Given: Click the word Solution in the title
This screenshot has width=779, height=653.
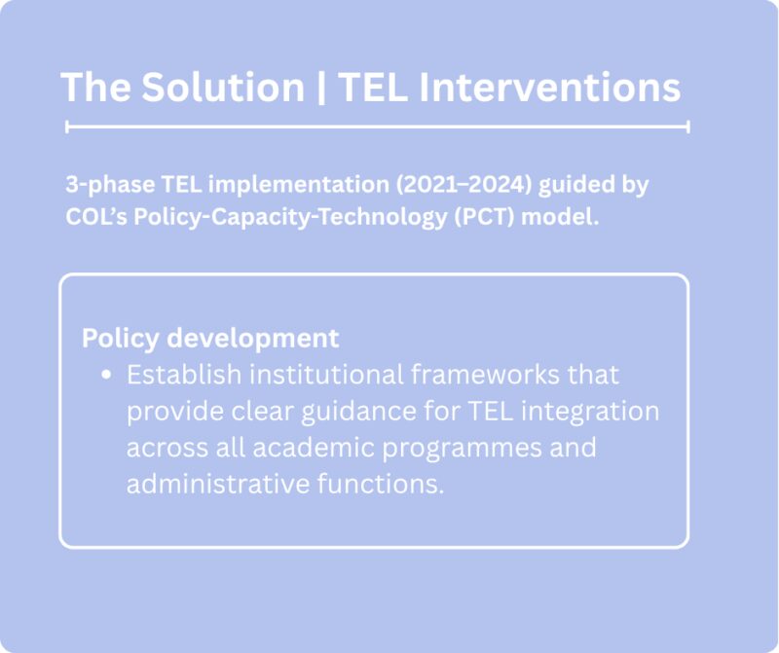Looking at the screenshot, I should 223,88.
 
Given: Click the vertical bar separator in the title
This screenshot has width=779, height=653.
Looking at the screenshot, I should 320,88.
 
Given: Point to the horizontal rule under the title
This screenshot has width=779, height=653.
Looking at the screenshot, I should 377,127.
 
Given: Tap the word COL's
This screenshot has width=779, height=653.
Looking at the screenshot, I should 94,216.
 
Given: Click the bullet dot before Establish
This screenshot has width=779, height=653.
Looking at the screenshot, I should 106,375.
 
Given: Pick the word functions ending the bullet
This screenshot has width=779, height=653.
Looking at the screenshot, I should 381,484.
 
